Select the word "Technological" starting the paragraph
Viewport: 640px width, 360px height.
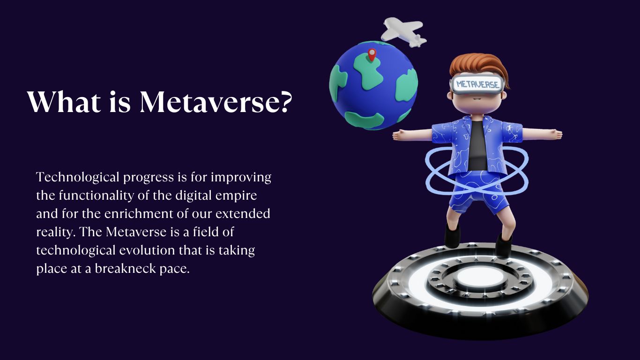pyautogui.click(x=77, y=178)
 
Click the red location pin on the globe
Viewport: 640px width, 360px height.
pyautogui.click(x=372, y=55)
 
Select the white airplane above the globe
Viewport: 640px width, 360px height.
pyautogui.click(x=403, y=31)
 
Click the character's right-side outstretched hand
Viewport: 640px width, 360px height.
pyautogui.click(x=556, y=135)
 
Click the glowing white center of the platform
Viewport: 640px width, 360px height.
pyautogui.click(x=480, y=278)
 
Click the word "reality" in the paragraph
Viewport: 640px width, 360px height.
pyautogui.click(x=55, y=232)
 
